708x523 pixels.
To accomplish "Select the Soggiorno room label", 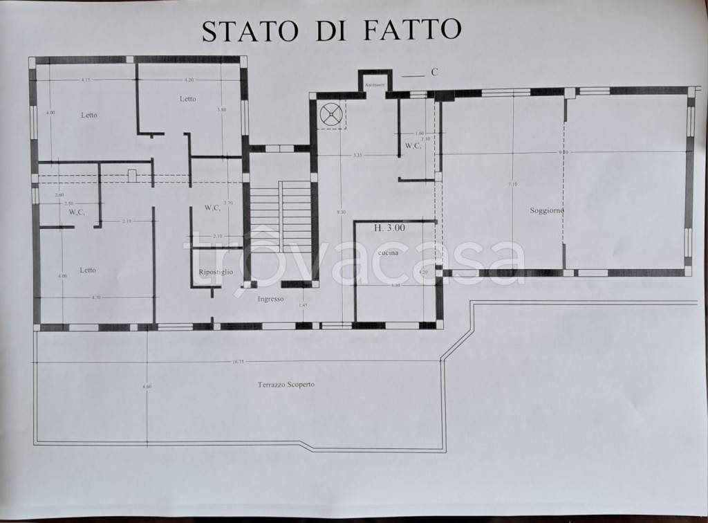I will pos(546,210).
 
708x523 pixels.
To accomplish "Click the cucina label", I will pos(388,254).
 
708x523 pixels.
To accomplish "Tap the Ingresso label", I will pos(271,299).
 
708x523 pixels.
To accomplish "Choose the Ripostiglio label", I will pos(215,272).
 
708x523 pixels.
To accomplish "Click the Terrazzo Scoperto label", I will pos(286,384).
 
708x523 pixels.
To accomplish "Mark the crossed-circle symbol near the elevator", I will pos(331,114).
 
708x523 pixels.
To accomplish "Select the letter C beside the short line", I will pos(434,71).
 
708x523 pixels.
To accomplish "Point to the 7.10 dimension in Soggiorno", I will pos(512,184).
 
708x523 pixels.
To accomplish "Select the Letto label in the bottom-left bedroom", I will pos(87,270).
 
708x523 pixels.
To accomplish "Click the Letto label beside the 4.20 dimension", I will pos(187,99).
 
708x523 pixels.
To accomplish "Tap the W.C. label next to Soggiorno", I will pos(413,146).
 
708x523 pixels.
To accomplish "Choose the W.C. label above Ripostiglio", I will pos(212,208).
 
